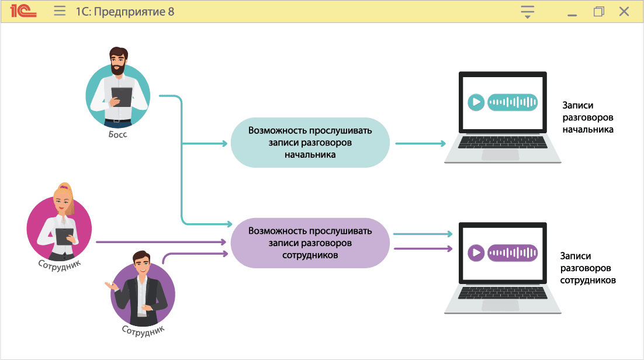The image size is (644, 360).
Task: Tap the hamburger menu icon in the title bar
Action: tap(60, 11)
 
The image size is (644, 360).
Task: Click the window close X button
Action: tap(624, 11)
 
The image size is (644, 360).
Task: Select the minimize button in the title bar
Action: tap(572, 13)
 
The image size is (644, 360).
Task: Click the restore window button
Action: tap(598, 11)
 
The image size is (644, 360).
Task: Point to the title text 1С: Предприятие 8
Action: tap(124, 11)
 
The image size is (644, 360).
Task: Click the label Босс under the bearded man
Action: tap(117, 134)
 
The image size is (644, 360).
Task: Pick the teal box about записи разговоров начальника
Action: tap(310, 143)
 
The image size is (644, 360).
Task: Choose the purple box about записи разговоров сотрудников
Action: tap(310, 243)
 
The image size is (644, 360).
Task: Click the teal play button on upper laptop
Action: tap(476, 102)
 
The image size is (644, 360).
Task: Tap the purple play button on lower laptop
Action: tap(476, 253)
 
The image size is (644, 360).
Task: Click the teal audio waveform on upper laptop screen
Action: tap(513, 102)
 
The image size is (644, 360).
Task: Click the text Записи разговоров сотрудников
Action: tap(587, 268)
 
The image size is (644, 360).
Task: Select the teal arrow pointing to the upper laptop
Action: tap(421, 143)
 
